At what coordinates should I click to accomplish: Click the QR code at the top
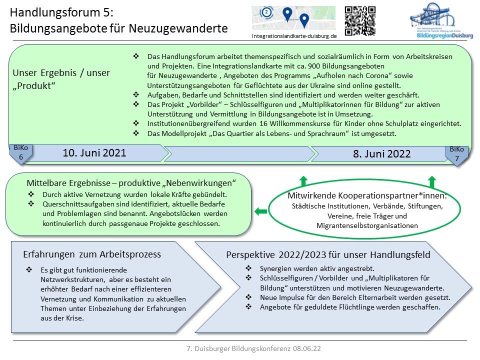[x=360, y=21]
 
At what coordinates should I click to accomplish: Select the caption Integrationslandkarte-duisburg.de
[x=294, y=36]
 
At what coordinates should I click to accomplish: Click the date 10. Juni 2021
[x=94, y=153]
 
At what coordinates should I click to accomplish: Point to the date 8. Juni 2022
[x=381, y=154]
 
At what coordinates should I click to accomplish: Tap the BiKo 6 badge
[x=21, y=152]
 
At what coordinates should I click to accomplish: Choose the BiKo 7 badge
[x=456, y=152]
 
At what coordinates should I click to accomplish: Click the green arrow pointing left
[x=260, y=211]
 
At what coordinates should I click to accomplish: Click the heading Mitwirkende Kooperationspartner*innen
[x=367, y=195]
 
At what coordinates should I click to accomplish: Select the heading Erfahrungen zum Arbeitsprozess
[x=92, y=254]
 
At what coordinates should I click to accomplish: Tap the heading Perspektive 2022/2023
[x=328, y=255]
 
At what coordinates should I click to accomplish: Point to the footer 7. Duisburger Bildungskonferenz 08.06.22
[x=254, y=347]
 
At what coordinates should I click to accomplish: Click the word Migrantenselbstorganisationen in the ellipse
[x=367, y=226]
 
